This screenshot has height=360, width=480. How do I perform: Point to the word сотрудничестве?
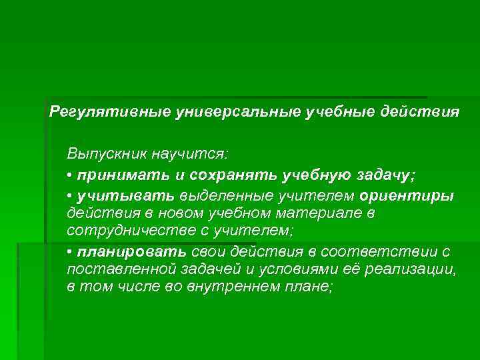coord(122,230)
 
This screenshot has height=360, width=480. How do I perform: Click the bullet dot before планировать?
coord(70,252)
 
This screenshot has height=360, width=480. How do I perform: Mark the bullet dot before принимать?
coord(70,176)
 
